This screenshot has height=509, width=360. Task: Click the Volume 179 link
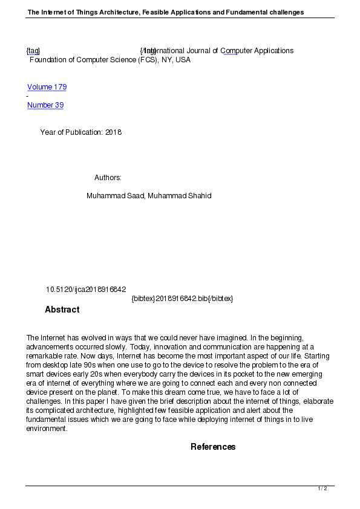tap(47, 87)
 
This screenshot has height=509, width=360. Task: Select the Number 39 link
tap(45, 105)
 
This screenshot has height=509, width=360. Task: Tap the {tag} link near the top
tap(33, 51)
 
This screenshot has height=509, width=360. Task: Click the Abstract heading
tap(62, 310)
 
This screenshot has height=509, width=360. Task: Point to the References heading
tap(213, 447)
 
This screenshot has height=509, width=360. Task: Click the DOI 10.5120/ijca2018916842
tap(86, 290)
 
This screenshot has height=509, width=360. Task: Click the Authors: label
tap(108, 178)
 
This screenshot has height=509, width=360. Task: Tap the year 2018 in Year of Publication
tap(113, 132)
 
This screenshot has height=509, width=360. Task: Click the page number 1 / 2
tap(322, 488)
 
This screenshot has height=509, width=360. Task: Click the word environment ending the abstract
tap(47, 429)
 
